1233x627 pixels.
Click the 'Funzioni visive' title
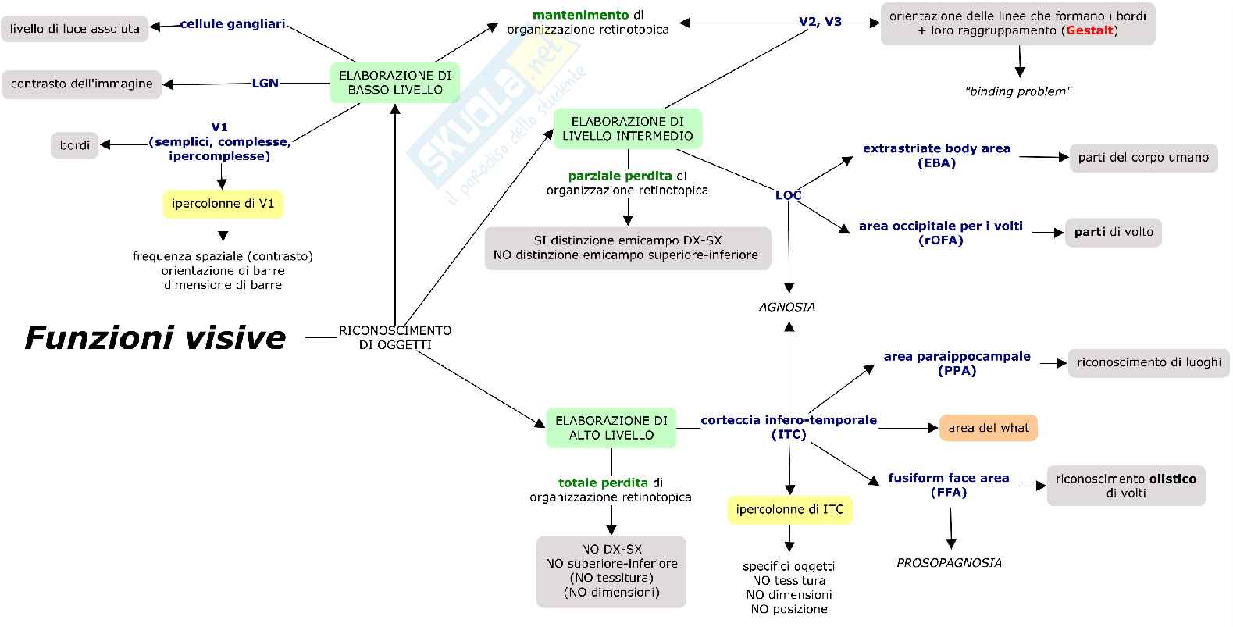155,338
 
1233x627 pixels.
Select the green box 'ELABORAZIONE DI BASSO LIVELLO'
394,83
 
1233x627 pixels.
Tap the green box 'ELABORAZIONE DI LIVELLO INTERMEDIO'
627,128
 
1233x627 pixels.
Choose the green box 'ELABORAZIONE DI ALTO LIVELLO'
611,428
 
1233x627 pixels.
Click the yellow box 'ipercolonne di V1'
223,204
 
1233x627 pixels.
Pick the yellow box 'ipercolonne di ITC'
789,510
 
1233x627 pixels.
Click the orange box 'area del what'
988,428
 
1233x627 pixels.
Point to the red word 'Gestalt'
1089,30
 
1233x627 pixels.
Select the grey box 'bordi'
75,145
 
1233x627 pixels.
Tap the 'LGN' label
265,83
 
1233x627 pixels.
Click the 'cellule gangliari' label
232,24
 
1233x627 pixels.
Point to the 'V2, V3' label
820,22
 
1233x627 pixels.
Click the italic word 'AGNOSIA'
787,307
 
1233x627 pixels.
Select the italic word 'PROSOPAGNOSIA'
949,562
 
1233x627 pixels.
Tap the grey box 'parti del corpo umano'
1142,158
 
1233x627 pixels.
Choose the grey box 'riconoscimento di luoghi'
1148,362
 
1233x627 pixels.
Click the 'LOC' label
788,194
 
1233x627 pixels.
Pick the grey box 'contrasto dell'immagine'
81,84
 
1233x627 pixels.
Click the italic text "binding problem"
1017,91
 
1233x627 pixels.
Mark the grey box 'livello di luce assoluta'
75,29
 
